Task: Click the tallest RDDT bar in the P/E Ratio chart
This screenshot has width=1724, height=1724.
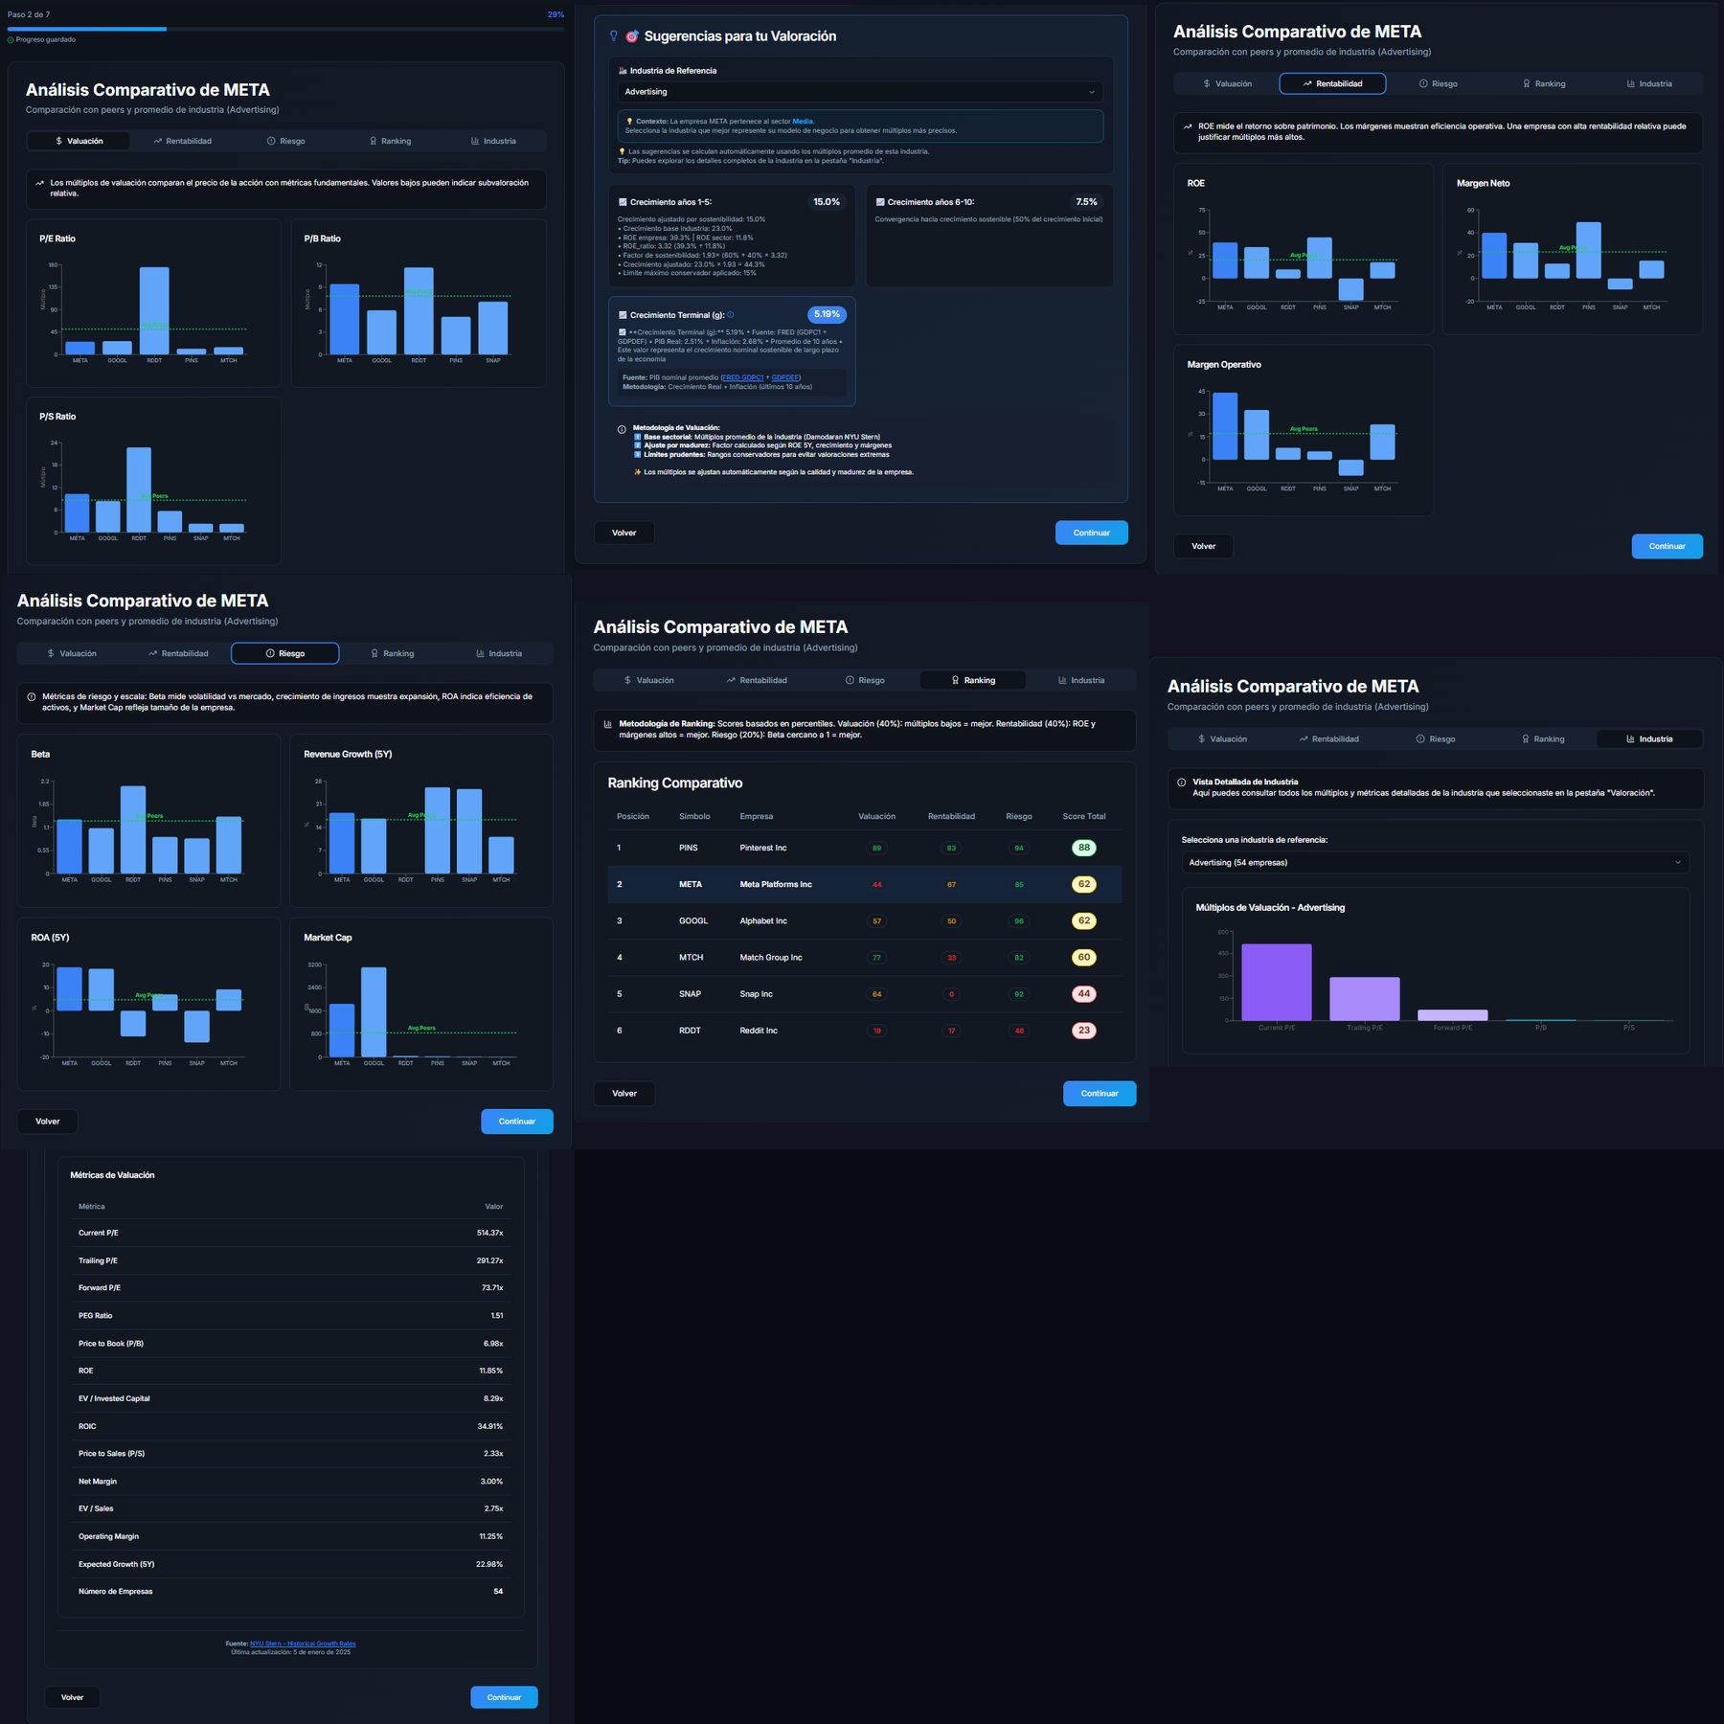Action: pos(154,310)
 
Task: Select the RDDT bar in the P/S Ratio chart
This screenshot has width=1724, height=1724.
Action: pos(139,489)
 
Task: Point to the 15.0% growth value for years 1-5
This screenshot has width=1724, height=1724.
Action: pos(826,202)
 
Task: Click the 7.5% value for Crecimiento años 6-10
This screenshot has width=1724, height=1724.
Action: pos(1086,202)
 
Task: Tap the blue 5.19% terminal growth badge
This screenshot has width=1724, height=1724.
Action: pos(826,314)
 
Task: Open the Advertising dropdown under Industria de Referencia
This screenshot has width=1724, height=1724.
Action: pos(859,92)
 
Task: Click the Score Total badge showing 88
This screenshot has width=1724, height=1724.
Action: pos(1083,848)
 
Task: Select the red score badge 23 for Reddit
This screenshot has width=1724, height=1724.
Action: pos(1083,1031)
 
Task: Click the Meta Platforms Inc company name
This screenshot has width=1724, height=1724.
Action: pos(775,884)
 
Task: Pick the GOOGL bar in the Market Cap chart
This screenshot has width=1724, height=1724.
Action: pos(374,1011)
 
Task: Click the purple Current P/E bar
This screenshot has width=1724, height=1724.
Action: pos(1276,982)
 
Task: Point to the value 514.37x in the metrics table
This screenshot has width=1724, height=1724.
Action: pos(489,1233)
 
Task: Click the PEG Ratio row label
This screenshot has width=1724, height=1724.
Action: pos(95,1316)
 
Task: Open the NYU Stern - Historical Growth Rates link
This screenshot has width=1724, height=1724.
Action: pos(303,1644)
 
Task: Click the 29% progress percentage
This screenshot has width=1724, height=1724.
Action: pos(556,14)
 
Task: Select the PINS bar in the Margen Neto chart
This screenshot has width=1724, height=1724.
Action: pos(1588,251)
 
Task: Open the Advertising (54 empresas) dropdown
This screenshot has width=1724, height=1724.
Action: pos(1434,862)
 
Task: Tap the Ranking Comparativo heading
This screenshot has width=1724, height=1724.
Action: pos(674,783)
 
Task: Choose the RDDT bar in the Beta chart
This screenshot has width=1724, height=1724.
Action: pos(133,829)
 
